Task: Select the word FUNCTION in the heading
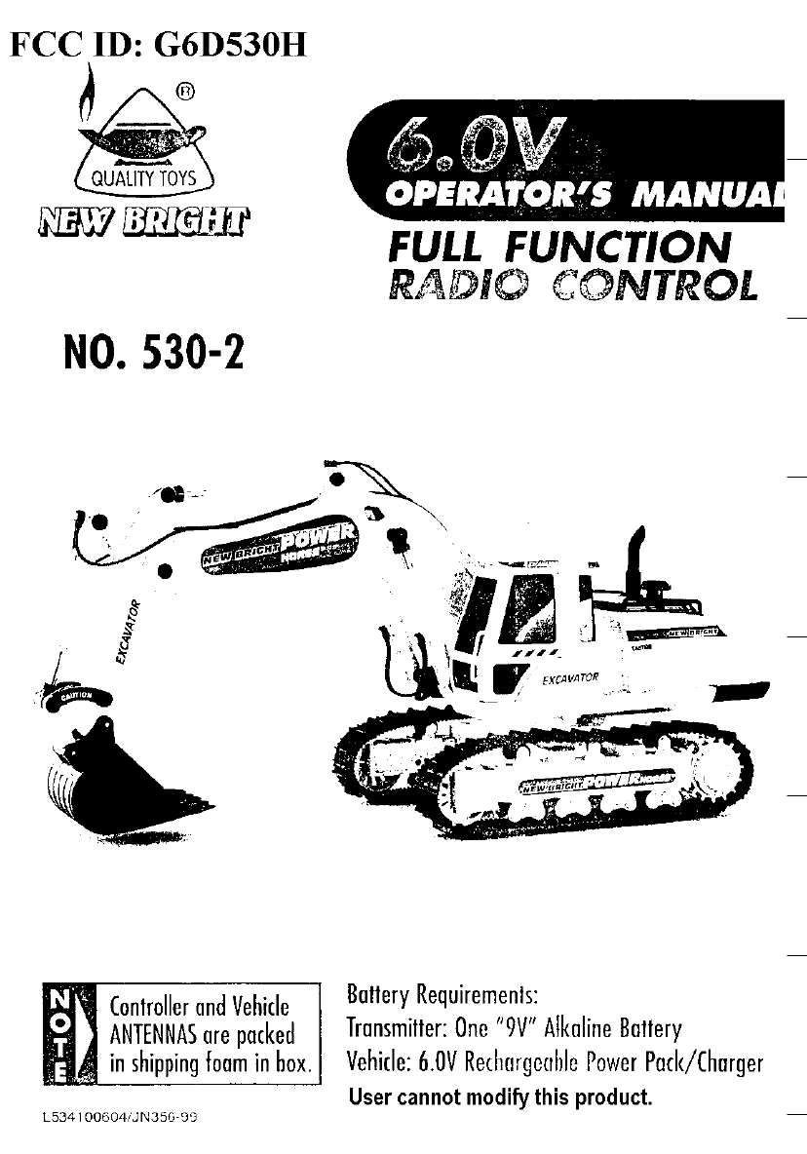pyautogui.click(x=619, y=247)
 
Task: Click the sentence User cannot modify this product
pyautogui.click(x=498, y=1098)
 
